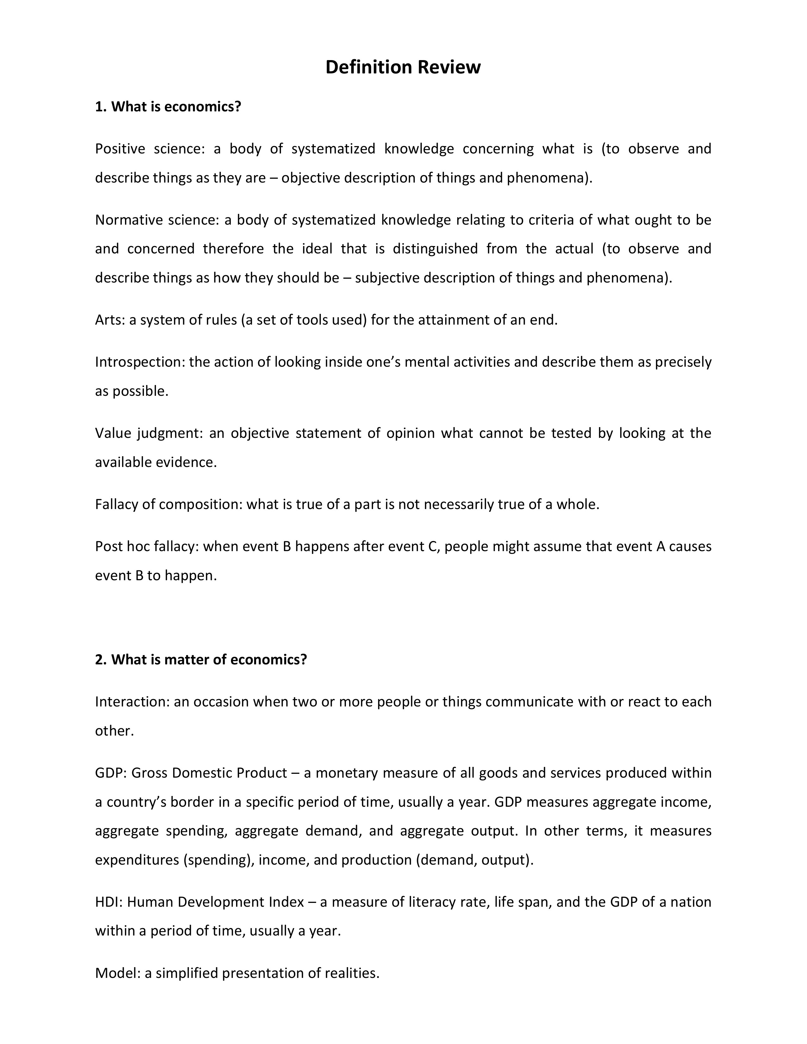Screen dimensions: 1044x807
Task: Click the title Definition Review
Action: click(403, 67)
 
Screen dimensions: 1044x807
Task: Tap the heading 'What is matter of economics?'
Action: click(201, 659)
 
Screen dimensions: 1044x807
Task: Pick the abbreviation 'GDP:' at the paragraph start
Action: click(110, 773)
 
